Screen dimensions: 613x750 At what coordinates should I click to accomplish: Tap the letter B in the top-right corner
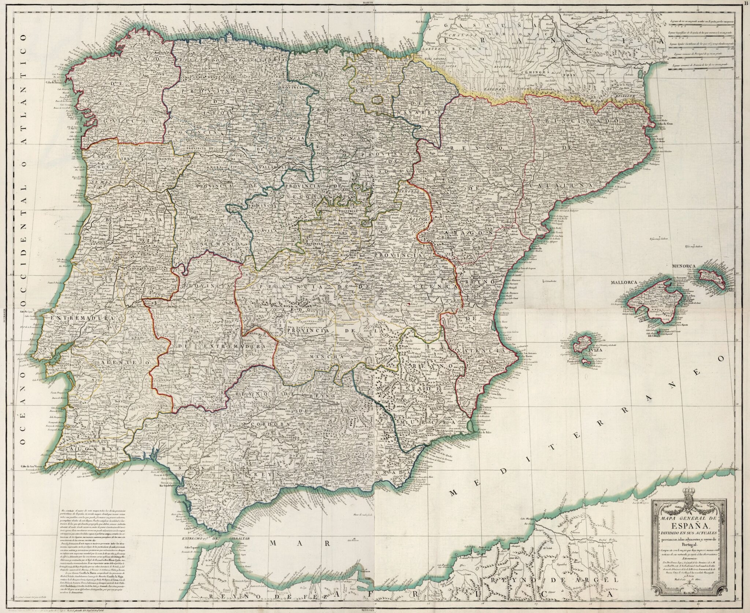click(x=747, y=3)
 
